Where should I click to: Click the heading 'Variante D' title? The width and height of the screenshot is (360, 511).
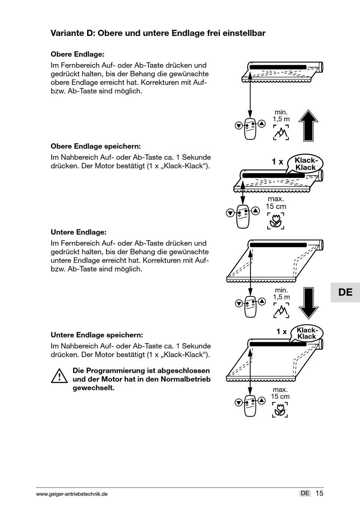158,33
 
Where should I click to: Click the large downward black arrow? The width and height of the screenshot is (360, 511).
308,303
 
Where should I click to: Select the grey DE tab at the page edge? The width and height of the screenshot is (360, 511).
345,292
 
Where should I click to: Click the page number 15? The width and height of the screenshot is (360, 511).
319,493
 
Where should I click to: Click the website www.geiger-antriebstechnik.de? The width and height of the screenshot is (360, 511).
72,494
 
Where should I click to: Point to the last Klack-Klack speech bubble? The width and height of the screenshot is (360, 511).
306,333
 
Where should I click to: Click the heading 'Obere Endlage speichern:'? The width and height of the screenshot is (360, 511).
95,146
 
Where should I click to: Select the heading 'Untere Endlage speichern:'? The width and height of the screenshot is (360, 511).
97,335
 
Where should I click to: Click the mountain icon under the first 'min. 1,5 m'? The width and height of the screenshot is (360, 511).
281,133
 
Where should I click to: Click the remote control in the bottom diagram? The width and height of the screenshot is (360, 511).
250,404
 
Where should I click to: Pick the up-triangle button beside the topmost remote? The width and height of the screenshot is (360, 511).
261,123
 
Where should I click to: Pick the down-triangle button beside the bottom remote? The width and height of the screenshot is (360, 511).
238,403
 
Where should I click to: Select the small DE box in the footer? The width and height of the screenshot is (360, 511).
305,493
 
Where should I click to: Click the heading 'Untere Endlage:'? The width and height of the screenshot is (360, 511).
78,232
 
